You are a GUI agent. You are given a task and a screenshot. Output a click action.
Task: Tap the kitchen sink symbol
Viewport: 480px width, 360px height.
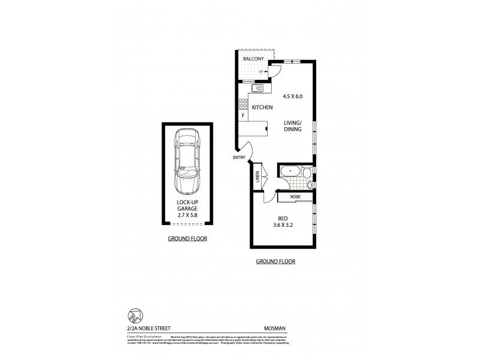click(x=257, y=89)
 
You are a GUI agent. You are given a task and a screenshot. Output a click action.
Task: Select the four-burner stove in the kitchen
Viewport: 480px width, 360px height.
click(x=244, y=103)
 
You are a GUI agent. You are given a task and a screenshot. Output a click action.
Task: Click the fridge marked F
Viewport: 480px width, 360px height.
click(x=244, y=115)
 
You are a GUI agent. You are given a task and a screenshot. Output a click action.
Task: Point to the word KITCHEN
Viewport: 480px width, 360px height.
click(x=262, y=107)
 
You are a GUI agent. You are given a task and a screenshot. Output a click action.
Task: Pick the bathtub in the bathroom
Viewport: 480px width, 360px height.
click(x=290, y=173)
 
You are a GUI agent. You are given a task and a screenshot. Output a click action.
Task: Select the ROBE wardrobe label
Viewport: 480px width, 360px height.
click(x=295, y=197)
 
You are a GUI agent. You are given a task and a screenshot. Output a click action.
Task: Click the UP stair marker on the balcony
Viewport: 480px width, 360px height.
click(x=262, y=72)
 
